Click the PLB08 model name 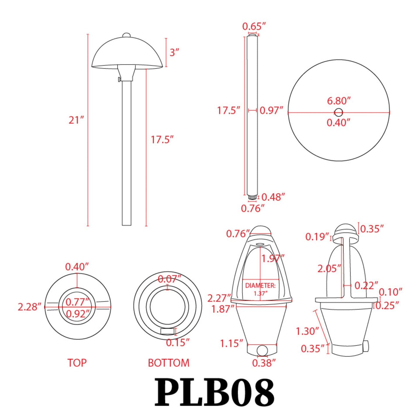(x=215, y=392)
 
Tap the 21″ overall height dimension (x=76, y=120)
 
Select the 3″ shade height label (x=174, y=52)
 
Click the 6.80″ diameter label (x=339, y=101)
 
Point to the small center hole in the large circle (x=338, y=112)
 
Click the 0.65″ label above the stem (x=254, y=26)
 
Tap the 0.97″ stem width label (x=271, y=110)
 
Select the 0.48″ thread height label (x=273, y=197)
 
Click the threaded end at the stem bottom (x=252, y=197)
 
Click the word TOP (x=77, y=363)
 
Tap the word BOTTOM (x=169, y=363)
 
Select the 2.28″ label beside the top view (x=29, y=307)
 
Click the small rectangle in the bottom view (x=167, y=331)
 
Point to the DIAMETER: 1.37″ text (x=260, y=289)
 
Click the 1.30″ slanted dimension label (x=307, y=331)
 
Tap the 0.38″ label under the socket (x=264, y=363)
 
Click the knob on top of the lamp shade (x=127, y=35)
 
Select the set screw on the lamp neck (x=119, y=79)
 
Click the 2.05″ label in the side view (x=329, y=269)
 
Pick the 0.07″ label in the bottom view (x=169, y=279)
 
